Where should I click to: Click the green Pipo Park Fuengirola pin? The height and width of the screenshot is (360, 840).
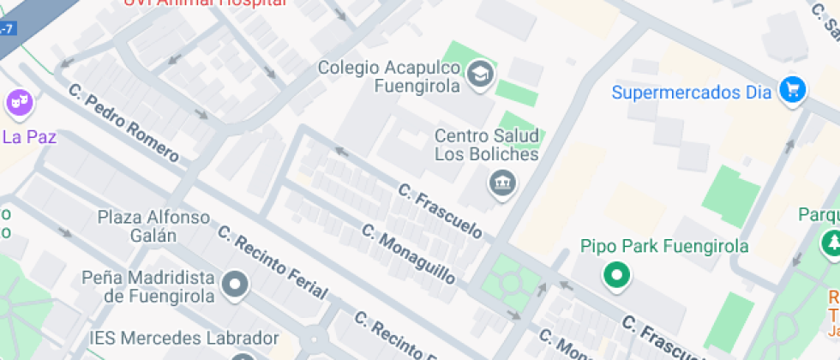(615, 275)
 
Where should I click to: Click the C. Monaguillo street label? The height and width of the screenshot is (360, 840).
(408, 254)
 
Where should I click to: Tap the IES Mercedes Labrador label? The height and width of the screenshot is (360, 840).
(184, 339)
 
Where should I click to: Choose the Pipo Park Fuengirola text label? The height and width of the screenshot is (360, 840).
(663, 247)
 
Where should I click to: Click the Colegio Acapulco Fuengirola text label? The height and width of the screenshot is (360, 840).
(390, 75)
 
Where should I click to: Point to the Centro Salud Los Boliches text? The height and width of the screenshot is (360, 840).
(486, 145)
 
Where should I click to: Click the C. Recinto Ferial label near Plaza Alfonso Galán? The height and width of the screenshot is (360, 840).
(272, 262)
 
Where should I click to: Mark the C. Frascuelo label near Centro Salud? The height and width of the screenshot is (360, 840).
(440, 209)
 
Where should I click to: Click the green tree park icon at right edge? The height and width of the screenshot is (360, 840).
(831, 243)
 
